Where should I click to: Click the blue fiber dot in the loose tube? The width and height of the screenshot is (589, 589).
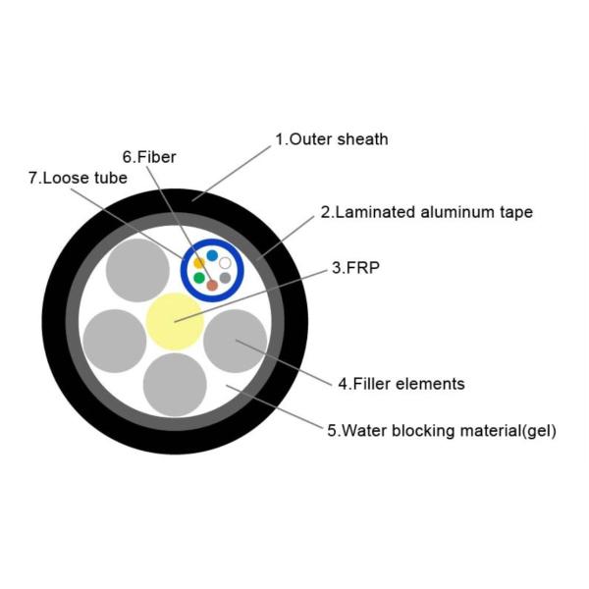click(x=212, y=255)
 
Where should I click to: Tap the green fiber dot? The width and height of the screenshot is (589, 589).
click(x=199, y=278)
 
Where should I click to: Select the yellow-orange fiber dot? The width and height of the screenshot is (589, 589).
click(x=199, y=263)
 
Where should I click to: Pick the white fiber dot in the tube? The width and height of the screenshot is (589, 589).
click(x=226, y=263)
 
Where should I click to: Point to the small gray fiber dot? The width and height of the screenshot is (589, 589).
click(x=226, y=278)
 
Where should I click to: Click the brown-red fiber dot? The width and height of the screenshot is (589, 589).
click(x=212, y=285)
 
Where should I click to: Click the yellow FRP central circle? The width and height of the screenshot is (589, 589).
click(x=175, y=321)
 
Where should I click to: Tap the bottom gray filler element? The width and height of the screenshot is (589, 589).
click(x=175, y=384)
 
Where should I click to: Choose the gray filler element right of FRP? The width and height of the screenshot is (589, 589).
click(x=236, y=341)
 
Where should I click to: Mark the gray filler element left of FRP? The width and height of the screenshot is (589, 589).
click(x=114, y=341)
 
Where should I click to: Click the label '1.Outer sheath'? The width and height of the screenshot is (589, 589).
click(x=331, y=139)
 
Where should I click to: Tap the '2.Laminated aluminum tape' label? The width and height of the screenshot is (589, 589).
click(x=427, y=212)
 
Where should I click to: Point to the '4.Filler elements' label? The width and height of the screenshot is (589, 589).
click(x=402, y=384)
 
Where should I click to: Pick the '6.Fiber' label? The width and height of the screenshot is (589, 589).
click(x=149, y=157)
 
